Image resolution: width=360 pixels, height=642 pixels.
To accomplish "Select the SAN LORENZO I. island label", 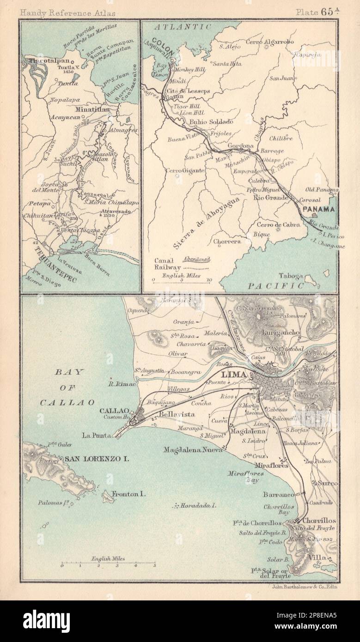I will [96, 459].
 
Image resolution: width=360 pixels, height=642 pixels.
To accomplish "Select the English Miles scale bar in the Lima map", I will [108, 564].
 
